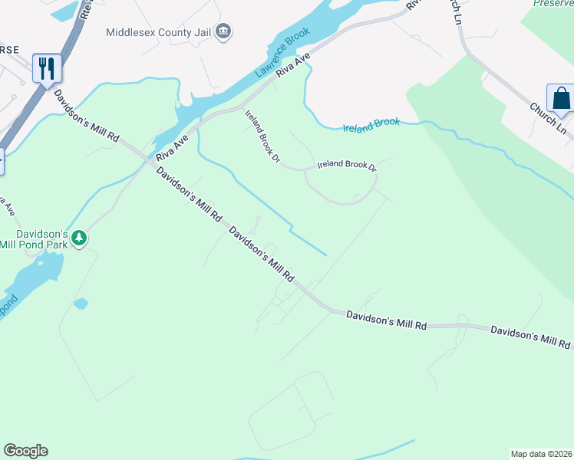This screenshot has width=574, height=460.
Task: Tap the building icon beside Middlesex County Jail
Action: tap(224, 31)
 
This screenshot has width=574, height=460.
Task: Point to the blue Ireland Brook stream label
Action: tap(371, 124)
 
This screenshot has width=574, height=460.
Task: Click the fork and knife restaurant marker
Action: tap(47, 68)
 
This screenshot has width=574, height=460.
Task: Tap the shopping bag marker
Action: tap(561, 98)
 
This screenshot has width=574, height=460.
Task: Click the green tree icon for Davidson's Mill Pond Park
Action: tap(79, 239)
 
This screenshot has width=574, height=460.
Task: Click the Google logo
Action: tap(25, 450)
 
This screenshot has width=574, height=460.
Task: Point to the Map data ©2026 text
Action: tap(541, 453)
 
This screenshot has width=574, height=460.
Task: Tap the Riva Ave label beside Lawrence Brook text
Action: tap(294, 64)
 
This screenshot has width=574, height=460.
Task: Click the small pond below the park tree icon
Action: tap(81, 304)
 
